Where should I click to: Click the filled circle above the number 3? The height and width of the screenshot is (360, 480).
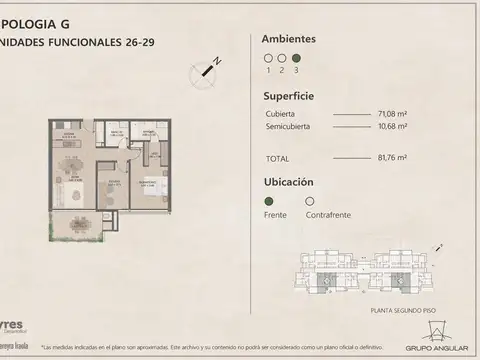click(x=295, y=59)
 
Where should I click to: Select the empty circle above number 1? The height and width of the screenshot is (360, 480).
click(x=267, y=59)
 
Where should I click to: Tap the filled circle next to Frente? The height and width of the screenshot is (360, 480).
click(x=267, y=200)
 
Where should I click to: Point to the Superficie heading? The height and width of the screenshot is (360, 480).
click(x=288, y=98)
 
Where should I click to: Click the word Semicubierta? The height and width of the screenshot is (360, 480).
click(x=287, y=126)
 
